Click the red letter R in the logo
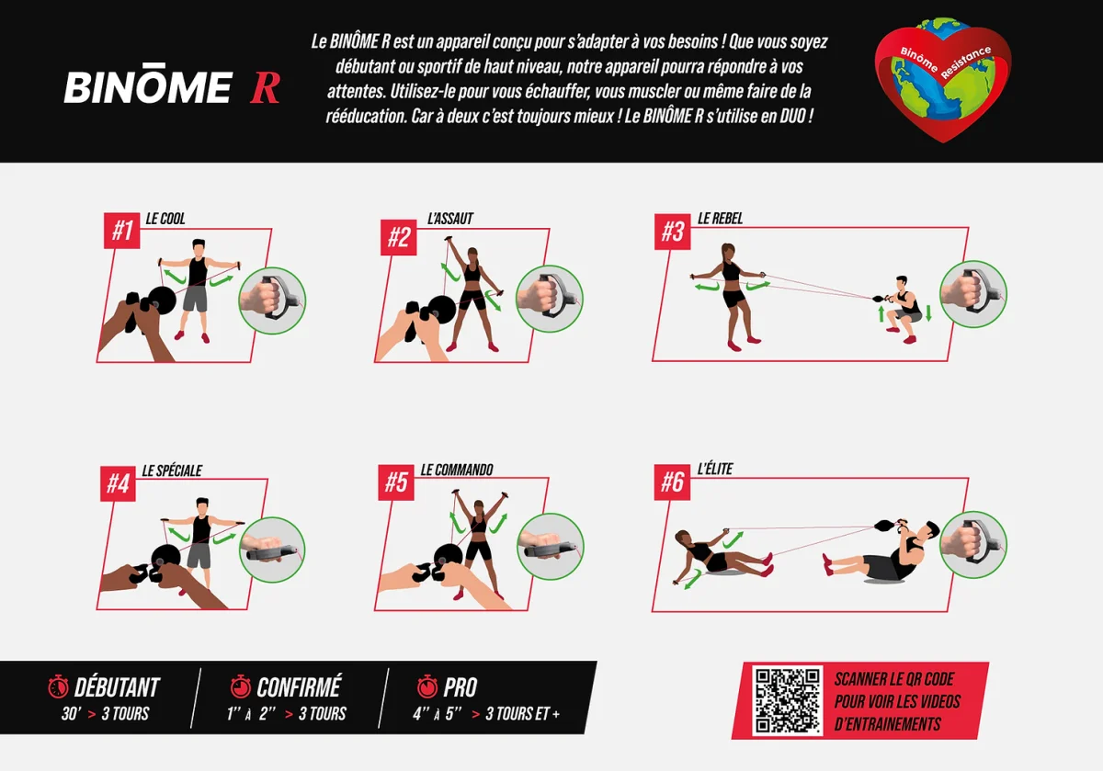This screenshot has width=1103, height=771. coord(265,87)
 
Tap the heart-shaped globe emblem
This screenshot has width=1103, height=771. coord(942,80)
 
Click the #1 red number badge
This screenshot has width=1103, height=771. coord(121,231)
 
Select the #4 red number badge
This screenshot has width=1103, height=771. coord(119,483)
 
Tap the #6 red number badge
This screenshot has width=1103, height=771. coord(672,482)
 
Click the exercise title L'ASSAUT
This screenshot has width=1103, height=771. coord(450,219)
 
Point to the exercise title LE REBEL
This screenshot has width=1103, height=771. coord(720,218)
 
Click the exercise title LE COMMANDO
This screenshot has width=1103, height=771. coord(457,470)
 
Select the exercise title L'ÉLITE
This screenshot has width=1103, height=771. coord(715,469)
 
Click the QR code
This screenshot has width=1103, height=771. coord(787,700)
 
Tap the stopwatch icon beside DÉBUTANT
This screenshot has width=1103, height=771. coord(58,686)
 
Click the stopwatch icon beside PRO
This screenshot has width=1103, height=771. coord(426,686)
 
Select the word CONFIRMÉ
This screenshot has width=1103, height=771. coord(299,686)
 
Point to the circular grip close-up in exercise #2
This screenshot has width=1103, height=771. coord(550,299)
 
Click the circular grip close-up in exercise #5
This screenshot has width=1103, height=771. coord(551,547)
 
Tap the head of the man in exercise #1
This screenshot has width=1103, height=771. coord(199,249)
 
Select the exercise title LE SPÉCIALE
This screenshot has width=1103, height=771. coord(172,471)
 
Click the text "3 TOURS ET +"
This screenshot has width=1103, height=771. coord(522,713)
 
